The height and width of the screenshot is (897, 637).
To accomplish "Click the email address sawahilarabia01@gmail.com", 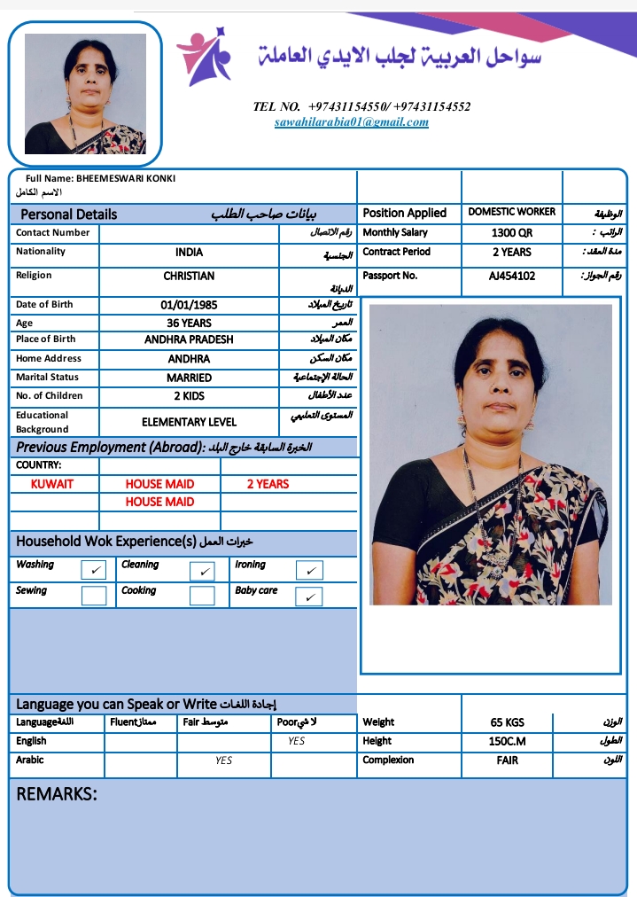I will tap(352, 122).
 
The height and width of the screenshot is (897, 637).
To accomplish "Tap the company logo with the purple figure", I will tap(205, 56).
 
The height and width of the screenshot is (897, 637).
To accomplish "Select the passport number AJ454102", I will tap(512, 276).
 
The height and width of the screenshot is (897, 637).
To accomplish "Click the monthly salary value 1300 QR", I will tap(512, 233).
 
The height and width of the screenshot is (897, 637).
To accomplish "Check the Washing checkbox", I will tap(94, 570).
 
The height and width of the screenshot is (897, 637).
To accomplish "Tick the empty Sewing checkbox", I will tap(94, 595).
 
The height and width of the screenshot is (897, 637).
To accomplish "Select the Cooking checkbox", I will tap(202, 595).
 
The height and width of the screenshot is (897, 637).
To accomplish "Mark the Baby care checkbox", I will tap(308, 597).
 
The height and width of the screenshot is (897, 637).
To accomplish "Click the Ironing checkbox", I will tap(308, 570).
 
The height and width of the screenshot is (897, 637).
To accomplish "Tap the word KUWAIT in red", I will tap(52, 484).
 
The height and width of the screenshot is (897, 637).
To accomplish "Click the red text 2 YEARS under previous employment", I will tap(268, 484).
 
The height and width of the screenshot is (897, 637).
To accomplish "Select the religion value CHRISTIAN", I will tap(189, 277).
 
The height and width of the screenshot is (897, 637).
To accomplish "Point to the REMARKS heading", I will tap(57, 794).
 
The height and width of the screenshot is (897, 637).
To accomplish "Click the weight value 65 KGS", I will tap(508, 722).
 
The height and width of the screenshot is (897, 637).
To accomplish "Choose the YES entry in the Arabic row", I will tap(224, 760).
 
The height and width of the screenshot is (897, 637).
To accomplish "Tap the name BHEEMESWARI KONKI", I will tap(126, 178).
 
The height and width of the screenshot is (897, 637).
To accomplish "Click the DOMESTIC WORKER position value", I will tap(512, 212).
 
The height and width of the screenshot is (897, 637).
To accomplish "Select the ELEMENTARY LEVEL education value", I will tap(189, 422).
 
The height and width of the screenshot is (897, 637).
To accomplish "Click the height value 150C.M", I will tap(508, 741).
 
